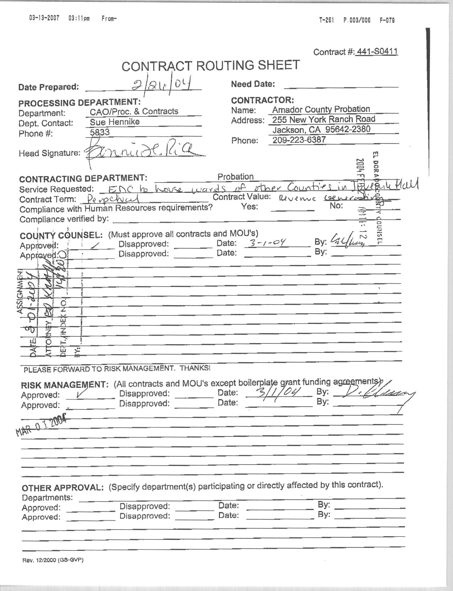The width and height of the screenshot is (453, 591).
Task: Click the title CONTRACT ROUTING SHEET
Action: [x=211, y=66]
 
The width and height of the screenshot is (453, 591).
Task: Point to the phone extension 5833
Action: [x=100, y=132]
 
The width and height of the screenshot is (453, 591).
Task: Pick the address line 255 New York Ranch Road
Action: [x=324, y=119]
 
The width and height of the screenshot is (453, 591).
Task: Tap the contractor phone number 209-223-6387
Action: [x=299, y=140]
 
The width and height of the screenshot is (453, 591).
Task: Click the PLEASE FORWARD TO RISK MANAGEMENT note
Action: [x=117, y=369]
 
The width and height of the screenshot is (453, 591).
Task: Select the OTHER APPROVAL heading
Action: [x=63, y=488]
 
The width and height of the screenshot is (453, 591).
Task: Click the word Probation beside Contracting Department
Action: [x=236, y=177]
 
